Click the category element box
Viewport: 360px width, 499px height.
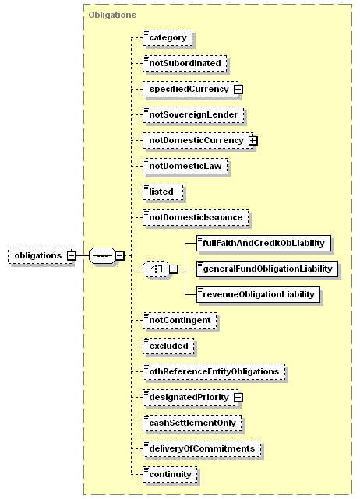coord(168,38)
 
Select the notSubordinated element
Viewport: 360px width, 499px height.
coord(185,63)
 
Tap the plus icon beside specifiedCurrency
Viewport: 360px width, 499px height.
coord(238,90)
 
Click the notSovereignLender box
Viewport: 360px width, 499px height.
coord(193,115)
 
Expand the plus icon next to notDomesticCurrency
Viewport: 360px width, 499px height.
coord(253,140)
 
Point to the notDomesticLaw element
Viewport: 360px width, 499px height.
coord(185,166)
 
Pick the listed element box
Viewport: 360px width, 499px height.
coord(163,192)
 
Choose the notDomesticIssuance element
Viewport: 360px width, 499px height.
coord(196,218)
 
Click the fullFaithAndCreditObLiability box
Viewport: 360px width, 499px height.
coord(264,244)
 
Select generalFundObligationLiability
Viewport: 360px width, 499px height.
coord(267,269)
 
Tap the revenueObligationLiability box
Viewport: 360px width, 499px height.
coord(259,295)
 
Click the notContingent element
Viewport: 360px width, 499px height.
coord(180,321)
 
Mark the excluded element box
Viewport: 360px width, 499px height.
coord(168,346)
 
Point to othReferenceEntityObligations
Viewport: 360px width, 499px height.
coord(214,371)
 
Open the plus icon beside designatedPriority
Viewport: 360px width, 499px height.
coord(238,398)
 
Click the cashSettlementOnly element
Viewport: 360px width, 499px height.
coord(192,423)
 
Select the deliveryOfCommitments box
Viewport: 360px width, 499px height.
coord(202,449)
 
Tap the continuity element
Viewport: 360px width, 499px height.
coord(170,475)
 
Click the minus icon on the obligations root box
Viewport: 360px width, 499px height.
coord(72,255)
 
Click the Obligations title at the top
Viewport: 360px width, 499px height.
coord(112,15)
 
